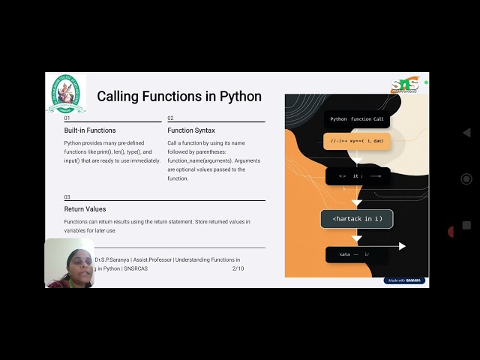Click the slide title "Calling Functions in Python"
coord(179,97)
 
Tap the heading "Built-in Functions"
coord(90,130)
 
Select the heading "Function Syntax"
coord(191,130)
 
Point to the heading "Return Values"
coord(85,209)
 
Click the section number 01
coord(67,118)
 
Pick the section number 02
coord(170,118)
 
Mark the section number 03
coord(67,197)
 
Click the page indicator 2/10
coord(238,268)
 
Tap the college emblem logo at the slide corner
coord(67,93)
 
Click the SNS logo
coord(404,85)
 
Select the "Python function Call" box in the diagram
coord(357,118)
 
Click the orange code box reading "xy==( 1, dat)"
coord(357,141)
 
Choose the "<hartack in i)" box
coord(357,219)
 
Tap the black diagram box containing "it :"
coord(357,176)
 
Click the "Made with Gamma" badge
coord(405,280)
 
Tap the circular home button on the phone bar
coord(466,179)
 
